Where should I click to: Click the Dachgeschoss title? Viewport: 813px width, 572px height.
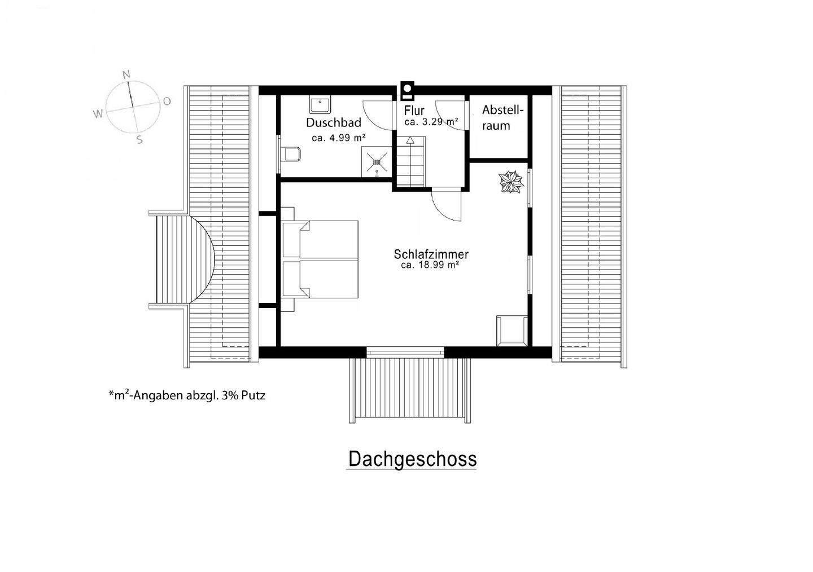tap(412, 459)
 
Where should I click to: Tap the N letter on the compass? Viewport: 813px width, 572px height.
tap(126, 74)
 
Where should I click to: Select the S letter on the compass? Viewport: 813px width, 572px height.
tap(139, 140)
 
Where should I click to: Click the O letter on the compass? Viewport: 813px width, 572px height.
tap(167, 101)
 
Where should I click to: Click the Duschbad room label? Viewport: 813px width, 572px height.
tap(334, 122)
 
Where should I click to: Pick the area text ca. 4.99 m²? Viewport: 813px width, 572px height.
tap(339, 138)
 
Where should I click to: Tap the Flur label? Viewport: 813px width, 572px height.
tap(414, 111)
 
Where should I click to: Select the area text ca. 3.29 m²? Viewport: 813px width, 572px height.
tap(431, 121)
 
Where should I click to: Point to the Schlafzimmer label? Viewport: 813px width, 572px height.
tap(431, 254)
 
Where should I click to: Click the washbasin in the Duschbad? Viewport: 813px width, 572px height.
tap(320, 105)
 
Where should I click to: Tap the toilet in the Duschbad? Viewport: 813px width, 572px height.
tap(291, 153)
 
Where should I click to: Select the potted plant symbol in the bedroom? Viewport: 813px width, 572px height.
tap(510, 183)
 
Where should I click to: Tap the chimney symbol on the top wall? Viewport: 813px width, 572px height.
tap(407, 89)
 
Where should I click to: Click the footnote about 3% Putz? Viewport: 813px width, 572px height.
tap(187, 395)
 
